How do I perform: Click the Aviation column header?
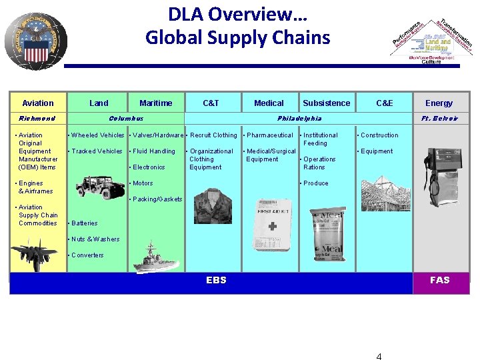[x=38, y=103]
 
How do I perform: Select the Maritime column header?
[x=155, y=103]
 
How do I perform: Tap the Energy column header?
[x=439, y=103]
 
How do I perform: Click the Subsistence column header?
[x=326, y=103]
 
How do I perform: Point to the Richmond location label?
[x=37, y=118]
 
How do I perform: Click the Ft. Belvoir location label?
[x=439, y=118]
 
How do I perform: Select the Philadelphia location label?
[x=299, y=118]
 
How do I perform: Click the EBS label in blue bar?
[x=216, y=280]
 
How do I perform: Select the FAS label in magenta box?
[x=440, y=280]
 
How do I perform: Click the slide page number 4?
[x=379, y=356]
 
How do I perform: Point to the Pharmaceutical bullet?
[x=269, y=135]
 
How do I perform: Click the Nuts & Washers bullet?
[x=95, y=239]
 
